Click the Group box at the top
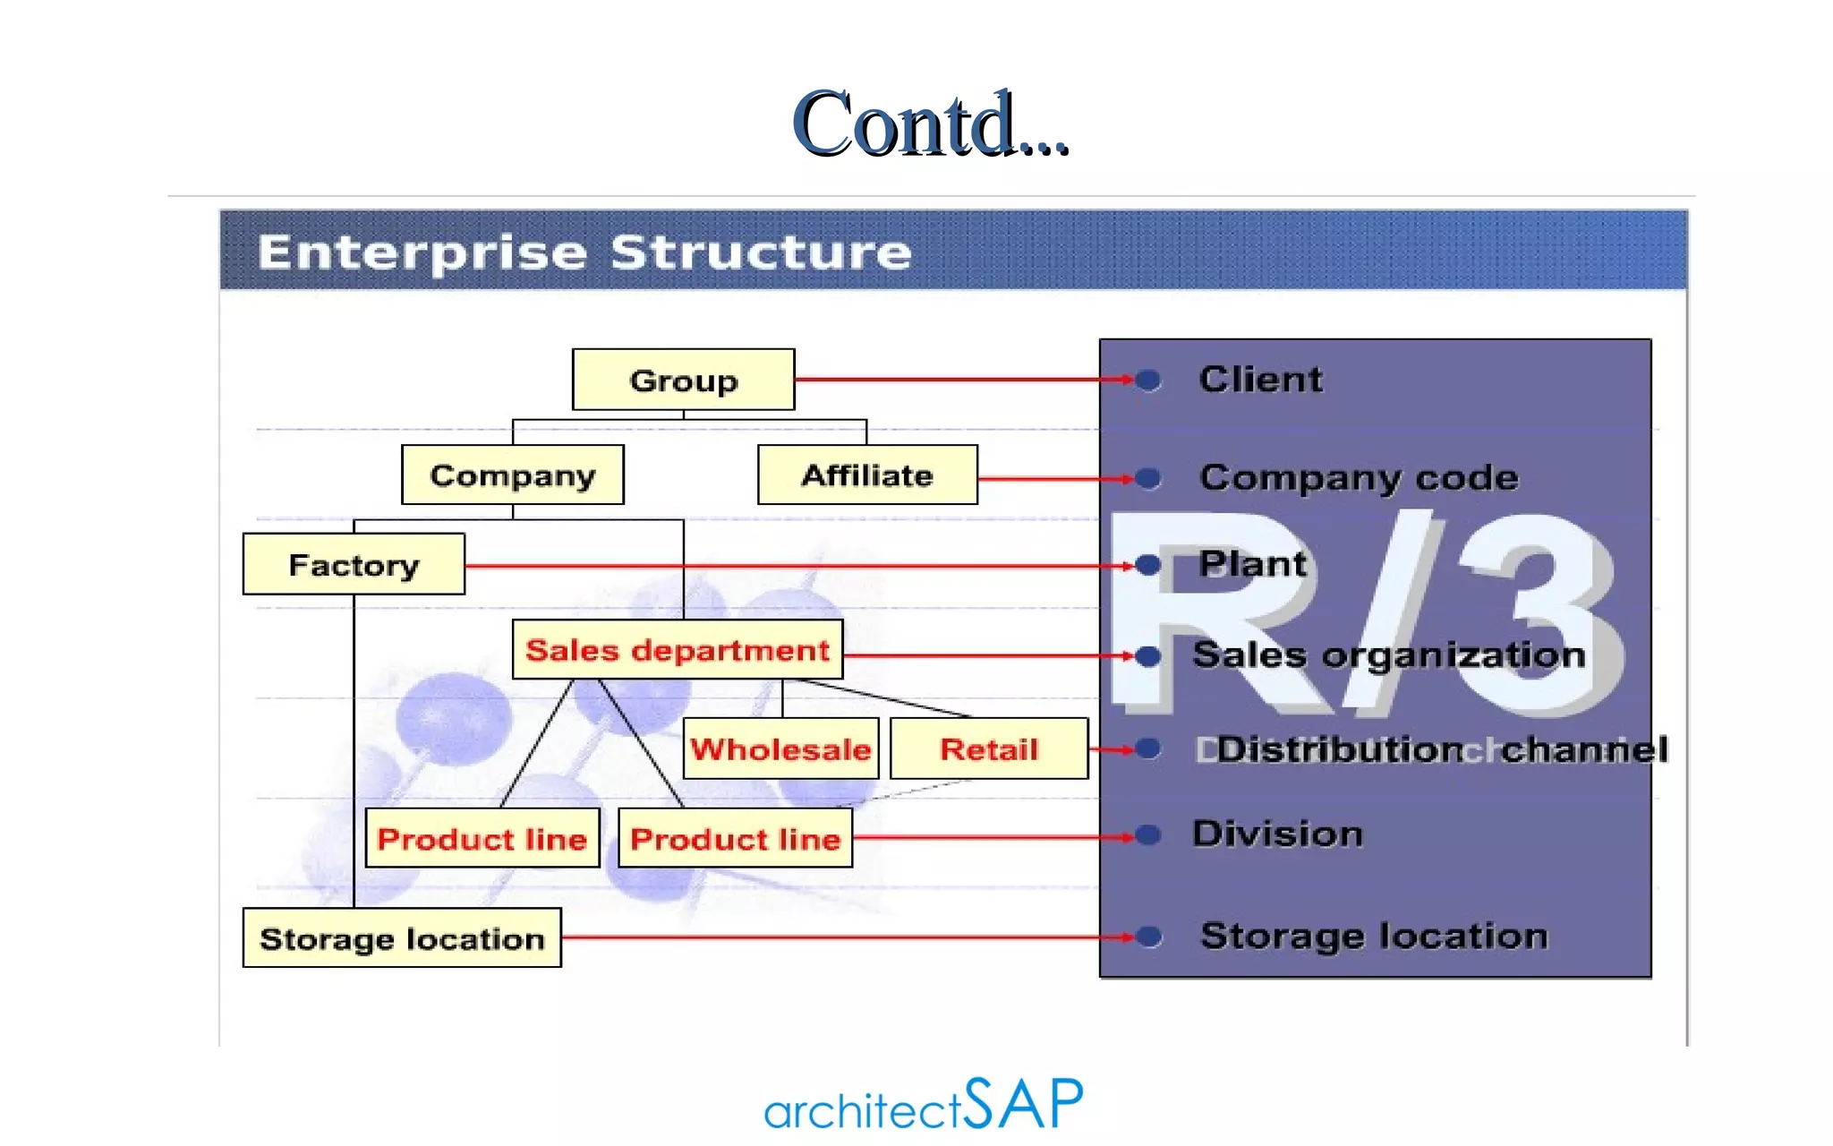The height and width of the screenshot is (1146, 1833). pyautogui.click(x=683, y=381)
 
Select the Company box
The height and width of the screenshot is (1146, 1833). pyautogui.click(x=512, y=475)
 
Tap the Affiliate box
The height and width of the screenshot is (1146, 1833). pyautogui.click(x=866, y=475)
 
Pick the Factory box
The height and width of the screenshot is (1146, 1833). pyautogui.click(x=354, y=565)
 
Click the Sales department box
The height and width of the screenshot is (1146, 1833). pyautogui.click(x=678, y=650)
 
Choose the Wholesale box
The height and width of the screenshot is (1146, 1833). pyautogui.click(x=780, y=749)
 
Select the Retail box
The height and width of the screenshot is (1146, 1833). pyautogui.click(x=989, y=749)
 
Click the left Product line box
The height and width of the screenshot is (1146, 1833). pyautogui.click(x=482, y=839)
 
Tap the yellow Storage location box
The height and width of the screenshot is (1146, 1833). pyautogui.click(x=402, y=938)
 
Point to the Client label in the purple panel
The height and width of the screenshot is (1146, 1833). pyautogui.click(x=1260, y=380)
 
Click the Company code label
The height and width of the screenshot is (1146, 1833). pyautogui.click(x=1359, y=477)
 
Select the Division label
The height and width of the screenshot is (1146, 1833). pyautogui.click(x=1277, y=834)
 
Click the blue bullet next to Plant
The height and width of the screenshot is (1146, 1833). pyautogui.click(x=1148, y=565)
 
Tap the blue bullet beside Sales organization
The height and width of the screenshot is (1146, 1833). pyautogui.click(x=1148, y=656)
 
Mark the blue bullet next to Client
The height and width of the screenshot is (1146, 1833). pyautogui.click(x=1148, y=381)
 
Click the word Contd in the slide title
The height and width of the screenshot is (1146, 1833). pyautogui.click(x=904, y=125)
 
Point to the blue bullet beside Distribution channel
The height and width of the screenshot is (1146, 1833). pyautogui.click(x=1148, y=748)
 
